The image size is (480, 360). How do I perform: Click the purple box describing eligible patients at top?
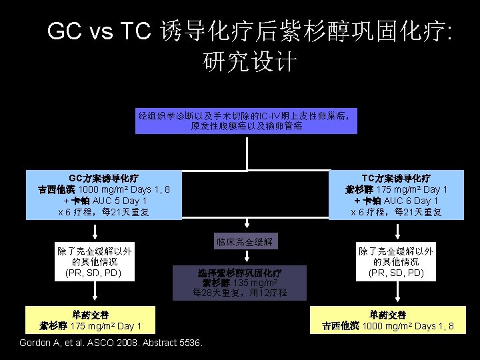(x=247, y=119)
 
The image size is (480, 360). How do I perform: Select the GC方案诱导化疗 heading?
(x=103, y=179)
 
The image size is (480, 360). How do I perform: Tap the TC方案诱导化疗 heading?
(x=396, y=179)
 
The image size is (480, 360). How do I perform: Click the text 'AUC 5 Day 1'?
(x=115, y=201)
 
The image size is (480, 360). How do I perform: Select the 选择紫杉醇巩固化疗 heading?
(x=239, y=273)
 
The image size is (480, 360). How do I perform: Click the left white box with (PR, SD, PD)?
(x=94, y=262)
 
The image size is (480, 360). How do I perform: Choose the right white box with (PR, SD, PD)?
(x=396, y=262)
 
